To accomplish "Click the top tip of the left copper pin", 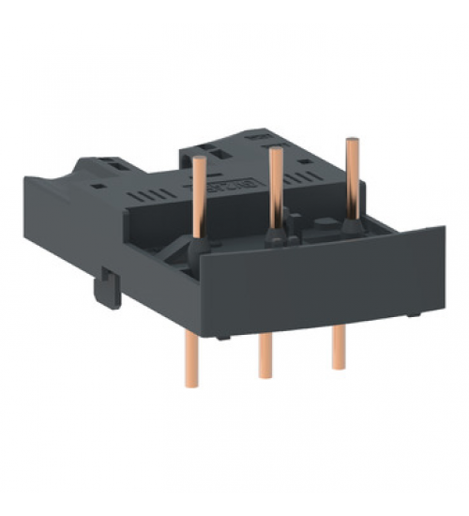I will click(199, 161).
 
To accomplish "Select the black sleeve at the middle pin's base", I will click(276, 235).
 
